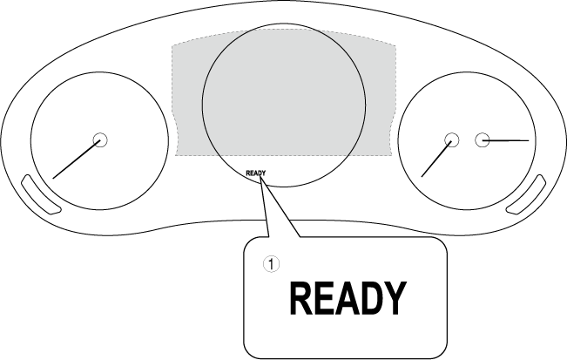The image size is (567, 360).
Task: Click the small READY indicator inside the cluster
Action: click(255, 173)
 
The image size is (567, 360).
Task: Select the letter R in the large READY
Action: click(301, 299)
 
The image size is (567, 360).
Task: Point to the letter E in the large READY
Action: click(324, 299)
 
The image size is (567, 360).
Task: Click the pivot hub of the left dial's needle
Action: click(98, 139)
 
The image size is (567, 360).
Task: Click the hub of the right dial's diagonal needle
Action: click(451, 139)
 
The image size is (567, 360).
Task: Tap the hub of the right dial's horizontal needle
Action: click(482, 139)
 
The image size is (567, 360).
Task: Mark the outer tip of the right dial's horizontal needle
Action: click(529, 139)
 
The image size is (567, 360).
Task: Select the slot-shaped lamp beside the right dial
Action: click(527, 195)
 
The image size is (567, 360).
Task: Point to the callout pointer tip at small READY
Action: click(261, 178)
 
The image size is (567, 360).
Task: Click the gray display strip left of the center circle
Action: click(187, 96)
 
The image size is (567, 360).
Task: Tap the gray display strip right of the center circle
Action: click(381, 96)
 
